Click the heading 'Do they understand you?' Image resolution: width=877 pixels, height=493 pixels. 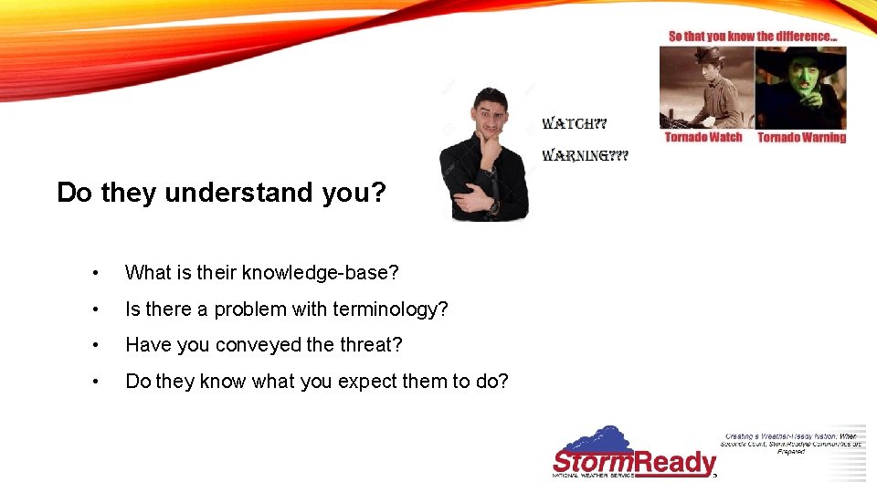[221, 193]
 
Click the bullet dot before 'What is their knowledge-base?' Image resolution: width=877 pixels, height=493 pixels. [95, 273]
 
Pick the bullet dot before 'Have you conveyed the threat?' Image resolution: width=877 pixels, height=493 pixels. [95, 346]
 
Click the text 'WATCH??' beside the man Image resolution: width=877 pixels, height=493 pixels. [574, 123]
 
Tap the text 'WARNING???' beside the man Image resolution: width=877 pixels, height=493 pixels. [585, 156]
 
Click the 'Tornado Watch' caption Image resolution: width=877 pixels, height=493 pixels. [703, 138]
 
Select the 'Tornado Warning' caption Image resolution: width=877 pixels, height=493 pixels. [801, 138]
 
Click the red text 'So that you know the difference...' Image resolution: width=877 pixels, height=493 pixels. [752, 37]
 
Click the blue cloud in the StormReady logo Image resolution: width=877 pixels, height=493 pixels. [594, 436]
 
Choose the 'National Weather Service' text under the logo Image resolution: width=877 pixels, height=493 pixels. [593, 475]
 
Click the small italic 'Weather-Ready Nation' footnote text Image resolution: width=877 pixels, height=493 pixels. [791, 443]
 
